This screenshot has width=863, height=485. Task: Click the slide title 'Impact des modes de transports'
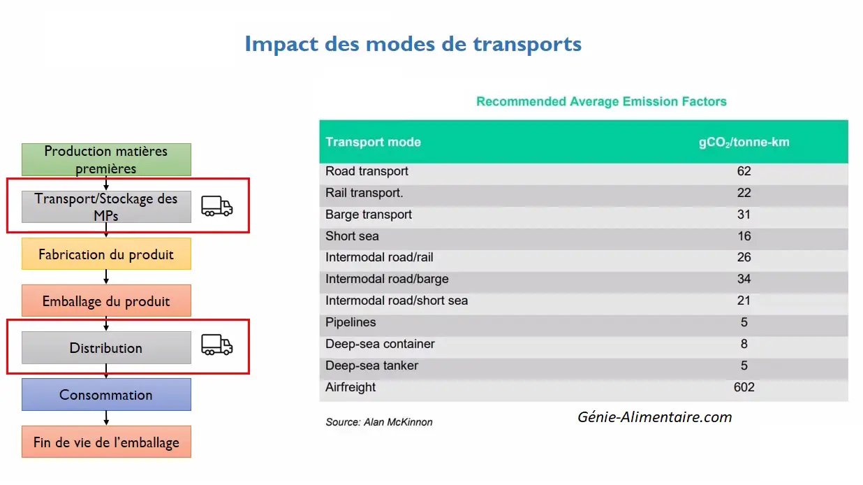413,44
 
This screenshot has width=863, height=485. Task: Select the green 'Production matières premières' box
106,159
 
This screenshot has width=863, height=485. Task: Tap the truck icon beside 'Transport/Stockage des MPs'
217,206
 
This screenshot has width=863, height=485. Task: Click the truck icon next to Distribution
217,345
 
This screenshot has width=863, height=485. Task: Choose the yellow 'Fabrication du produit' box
106,254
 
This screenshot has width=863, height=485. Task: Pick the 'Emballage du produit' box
106,301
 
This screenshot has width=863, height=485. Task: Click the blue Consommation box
106,394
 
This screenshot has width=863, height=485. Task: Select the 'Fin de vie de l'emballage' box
106,442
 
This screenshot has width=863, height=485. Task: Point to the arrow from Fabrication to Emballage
106,277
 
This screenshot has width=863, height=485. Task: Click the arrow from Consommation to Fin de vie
106,419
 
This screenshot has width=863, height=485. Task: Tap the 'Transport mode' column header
373,143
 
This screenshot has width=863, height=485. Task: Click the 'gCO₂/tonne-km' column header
744,143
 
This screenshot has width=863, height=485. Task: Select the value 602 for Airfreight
744,387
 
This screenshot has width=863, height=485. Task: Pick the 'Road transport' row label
367,171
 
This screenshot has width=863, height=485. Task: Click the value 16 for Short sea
744,236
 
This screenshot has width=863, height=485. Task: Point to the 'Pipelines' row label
351,322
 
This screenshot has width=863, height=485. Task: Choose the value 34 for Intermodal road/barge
744,279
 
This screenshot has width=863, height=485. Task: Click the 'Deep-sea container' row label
380,344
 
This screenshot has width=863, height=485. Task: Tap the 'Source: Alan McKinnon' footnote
379,422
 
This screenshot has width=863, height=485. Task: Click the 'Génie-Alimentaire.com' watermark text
654,417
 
